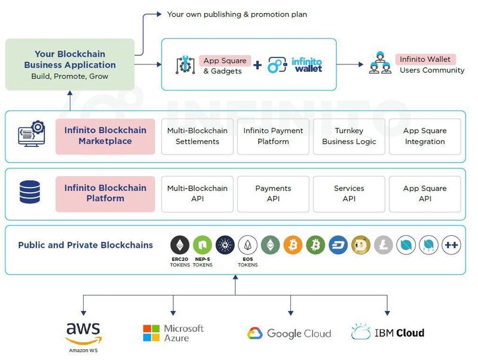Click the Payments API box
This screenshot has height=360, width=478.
point(273,193)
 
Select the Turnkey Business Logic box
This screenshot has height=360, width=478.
point(349,136)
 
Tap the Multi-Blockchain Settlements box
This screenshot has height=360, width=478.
point(197,136)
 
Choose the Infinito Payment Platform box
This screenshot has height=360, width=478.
point(273,136)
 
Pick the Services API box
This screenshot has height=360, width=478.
point(349,193)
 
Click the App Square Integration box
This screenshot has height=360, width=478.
point(425,136)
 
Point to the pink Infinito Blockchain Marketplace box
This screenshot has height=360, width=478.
point(105,136)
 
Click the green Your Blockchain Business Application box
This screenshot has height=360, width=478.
point(70,64)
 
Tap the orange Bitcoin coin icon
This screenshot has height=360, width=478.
point(293,245)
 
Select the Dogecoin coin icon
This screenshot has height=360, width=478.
point(361,245)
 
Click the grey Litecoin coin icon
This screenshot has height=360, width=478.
point(384,245)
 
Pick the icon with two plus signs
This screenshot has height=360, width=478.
point(452,245)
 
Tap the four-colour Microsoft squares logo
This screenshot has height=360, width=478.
point(152,333)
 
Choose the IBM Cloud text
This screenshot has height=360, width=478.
point(400,333)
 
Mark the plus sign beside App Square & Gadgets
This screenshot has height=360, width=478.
point(258,65)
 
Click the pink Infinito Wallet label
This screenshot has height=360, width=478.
point(425,59)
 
